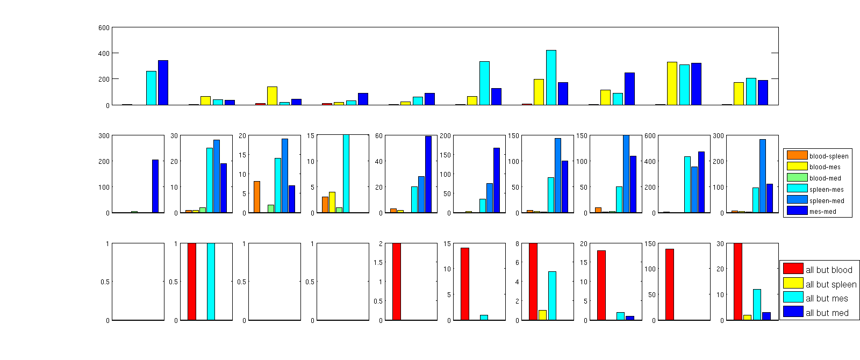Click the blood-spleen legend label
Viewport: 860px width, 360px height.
coord(828,156)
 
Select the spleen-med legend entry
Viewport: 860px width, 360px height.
coord(826,201)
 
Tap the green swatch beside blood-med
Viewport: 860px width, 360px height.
coord(797,178)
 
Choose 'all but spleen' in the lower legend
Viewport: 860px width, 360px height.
coord(830,284)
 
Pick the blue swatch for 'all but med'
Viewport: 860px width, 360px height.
coord(793,312)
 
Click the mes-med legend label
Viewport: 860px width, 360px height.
coord(822,212)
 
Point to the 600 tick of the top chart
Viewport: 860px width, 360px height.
coord(104,27)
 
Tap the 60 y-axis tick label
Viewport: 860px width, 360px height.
coord(379,136)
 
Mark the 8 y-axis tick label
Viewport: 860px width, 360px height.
coord(517,243)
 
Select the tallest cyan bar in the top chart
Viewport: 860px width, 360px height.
coord(551,77)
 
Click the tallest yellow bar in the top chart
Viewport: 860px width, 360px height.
coord(672,83)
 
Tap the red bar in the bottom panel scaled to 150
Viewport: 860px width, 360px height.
coord(670,284)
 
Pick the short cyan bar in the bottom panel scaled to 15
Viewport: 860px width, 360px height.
coord(484,318)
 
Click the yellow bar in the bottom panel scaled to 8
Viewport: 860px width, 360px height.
coord(542,315)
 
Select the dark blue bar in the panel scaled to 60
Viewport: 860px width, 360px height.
coord(428,174)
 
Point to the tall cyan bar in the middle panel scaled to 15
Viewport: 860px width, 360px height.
coord(346,174)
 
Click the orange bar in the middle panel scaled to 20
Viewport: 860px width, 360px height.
coord(257,197)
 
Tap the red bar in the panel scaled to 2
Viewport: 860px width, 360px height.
coord(397,282)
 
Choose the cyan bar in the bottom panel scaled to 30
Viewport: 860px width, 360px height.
coord(757,305)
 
